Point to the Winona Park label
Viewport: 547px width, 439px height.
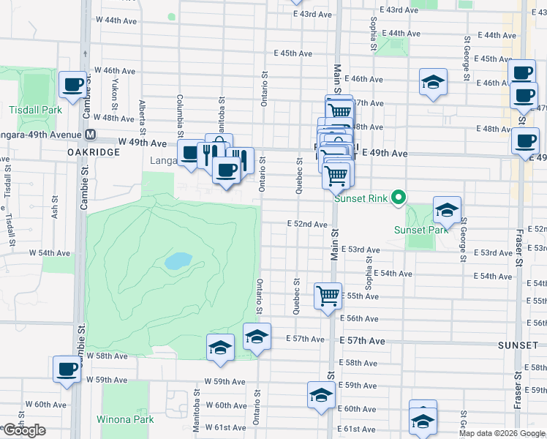pyautogui.click(x=125, y=419)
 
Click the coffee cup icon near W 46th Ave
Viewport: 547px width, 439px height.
pyautogui.click(x=72, y=86)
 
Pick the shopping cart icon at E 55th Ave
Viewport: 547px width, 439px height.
pyautogui.click(x=328, y=296)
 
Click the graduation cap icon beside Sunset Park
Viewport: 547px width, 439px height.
pyautogui.click(x=446, y=211)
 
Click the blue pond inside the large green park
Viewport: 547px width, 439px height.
pyautogui.click(x=178, y=260)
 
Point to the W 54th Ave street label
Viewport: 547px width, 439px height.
pyautogui.click(x=50, y=252)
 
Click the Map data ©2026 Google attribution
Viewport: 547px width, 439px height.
pyautogui.click(x=502, y=433)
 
